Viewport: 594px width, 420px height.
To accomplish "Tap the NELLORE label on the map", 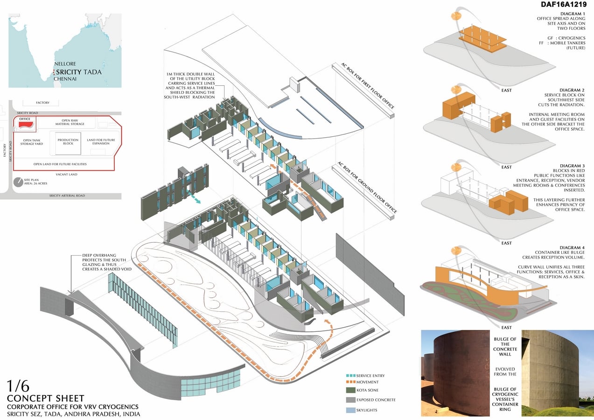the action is pos(65,64).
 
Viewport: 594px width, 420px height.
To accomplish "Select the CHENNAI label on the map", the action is pos(65,79).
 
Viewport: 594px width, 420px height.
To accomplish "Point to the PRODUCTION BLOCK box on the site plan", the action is pos(68,143).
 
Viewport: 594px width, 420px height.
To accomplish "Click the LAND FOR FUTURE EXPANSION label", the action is pos(101,141).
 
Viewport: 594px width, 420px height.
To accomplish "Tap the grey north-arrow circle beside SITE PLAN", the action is pos(18,182).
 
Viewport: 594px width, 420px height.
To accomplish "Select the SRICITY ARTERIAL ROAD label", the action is pos(67,196).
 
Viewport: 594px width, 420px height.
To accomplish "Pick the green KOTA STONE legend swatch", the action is pos(350,390).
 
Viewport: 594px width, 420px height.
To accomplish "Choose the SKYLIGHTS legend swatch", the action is pos(350,410).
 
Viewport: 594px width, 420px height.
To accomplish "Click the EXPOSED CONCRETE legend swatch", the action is pos(350,400).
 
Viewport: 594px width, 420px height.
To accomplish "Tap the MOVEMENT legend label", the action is pos(367,382).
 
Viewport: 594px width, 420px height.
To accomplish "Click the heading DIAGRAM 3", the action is pos(572,166).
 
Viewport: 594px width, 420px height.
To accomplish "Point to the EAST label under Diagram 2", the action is pos(506,167).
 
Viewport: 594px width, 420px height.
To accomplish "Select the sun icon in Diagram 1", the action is pos(456,16).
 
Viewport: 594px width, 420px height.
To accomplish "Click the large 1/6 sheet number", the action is pos(18,386).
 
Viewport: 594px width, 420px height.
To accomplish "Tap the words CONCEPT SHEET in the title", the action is pos(46,399).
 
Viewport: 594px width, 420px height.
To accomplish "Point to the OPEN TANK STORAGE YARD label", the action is pos(31,142).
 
